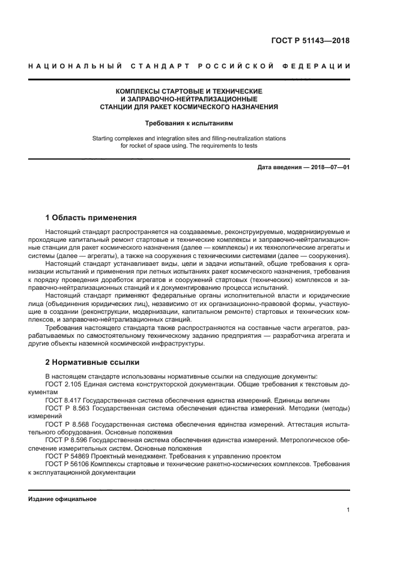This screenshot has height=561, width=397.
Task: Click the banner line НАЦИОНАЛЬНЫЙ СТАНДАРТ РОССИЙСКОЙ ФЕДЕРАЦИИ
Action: [x=189, y=66]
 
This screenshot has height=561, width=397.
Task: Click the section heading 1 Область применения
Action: [x=91, y=217]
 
